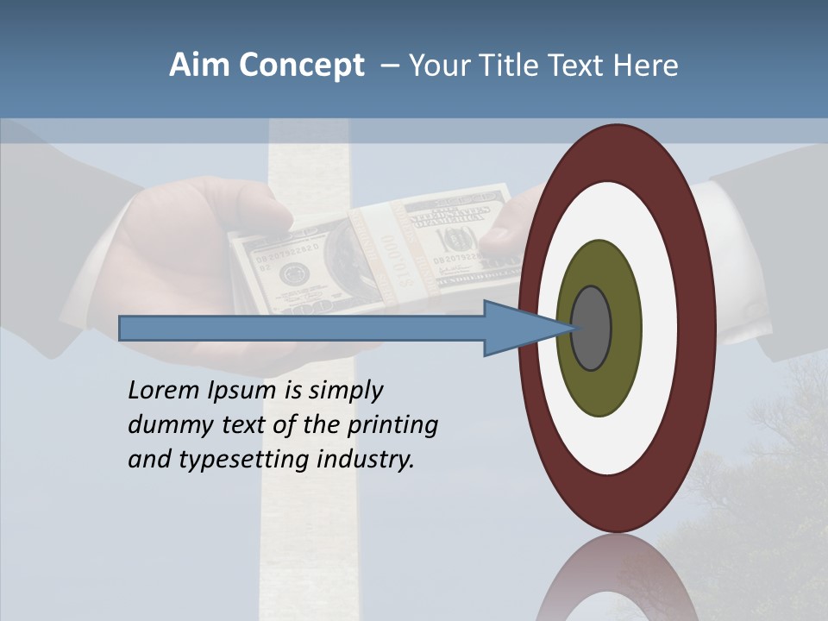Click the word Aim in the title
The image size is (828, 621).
[199, 66]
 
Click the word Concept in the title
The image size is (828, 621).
[301, 66]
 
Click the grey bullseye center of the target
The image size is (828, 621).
[592, 328]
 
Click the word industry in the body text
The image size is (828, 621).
[366, 460]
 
